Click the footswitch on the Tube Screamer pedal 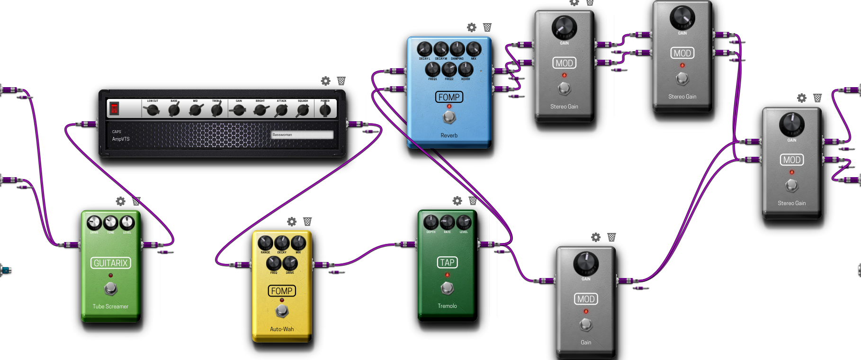(x=111, y=288)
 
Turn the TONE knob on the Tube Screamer (x=110, y=222)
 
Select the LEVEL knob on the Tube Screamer (x=127, y=222)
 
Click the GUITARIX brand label (x=111, y=263)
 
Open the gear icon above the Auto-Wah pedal (x=292, y=222)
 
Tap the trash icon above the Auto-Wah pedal (x=307, y=222)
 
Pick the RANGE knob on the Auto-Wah (x=265, y=243)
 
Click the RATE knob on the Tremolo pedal (x=447, y=222)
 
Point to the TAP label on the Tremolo (x=447, y=262)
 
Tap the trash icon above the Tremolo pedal (x=473, y=201)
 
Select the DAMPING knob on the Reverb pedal (x=457, y=49)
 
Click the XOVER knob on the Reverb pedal (x=466, y=69)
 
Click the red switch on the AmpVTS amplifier (x=114, y=108)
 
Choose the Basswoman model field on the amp (x=302, y=135)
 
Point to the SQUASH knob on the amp (x=303, y=110)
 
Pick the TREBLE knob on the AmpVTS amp (x=217, y=110)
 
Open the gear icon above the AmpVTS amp (x=326, y=81)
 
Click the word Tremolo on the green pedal (x=447, y=306)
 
